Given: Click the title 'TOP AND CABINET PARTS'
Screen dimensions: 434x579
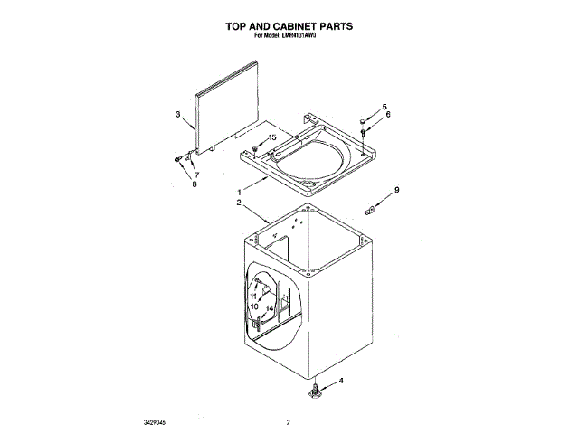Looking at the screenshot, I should [x=289, y=27].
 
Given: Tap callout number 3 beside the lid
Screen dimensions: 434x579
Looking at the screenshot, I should [x=179, y=114].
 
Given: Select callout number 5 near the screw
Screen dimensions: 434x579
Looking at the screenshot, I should [x=384, y=107].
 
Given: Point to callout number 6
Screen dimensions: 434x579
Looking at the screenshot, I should [x=388, y=115].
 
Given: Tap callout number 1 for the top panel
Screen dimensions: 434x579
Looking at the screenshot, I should [x=239, y=192].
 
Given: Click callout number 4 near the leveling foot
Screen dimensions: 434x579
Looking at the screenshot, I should [x=341, y=381].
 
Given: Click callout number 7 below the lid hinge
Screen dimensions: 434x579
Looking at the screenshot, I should [x=197, y=174].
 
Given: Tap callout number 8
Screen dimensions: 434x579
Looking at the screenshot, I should [x=194, y=184].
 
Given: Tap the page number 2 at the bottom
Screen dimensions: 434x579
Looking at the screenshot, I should [x=288, y=421].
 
